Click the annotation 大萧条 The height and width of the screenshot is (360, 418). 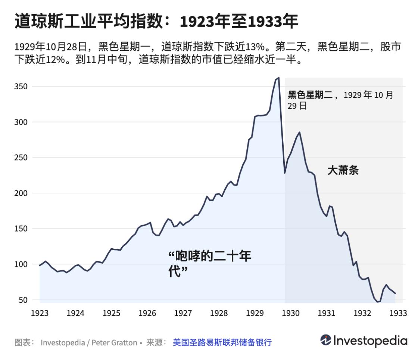coord(343,171)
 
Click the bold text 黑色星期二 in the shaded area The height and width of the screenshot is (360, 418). coord(310,95)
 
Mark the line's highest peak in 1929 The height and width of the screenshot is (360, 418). coord(278,78)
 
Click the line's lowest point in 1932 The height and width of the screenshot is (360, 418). coord(378,302)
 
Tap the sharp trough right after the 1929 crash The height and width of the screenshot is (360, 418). coord(285,173)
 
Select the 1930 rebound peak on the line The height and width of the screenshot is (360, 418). coord(299,132)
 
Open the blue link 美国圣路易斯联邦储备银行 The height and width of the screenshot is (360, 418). coord(222,342)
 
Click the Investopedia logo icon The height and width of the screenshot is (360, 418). coord(325,340)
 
